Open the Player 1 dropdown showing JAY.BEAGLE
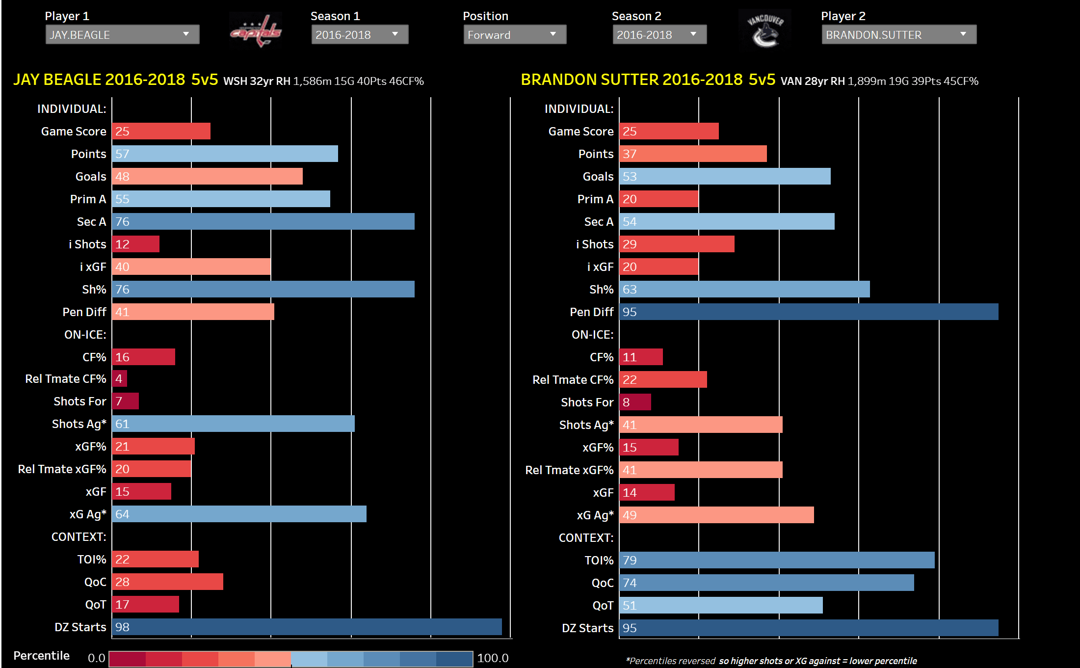[x=122, y=35]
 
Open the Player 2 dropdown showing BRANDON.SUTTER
[x=898, y=35]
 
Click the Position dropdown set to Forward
[x=514, y=35]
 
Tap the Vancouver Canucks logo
[x=765, y=29]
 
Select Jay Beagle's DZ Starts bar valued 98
[x=307, y=627]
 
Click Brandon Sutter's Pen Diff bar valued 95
[x=808, y=312]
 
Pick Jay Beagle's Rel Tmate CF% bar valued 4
[x=120, y=378]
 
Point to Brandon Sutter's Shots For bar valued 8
[x=635, y=402]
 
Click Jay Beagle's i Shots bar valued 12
[x=136, y=244]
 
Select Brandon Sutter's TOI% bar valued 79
[x=777, y=560]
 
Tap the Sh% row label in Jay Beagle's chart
[x=94, y=290]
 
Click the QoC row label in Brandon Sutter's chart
[x=603, y=583]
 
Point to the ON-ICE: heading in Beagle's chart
[x=85, y=335]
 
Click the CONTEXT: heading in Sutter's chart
[x=586, y=538]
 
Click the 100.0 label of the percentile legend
[x=493, y=658]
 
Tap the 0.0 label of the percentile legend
[x=96, y=658]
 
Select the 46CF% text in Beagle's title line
[x=406, y=81]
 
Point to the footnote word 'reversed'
[x=697, y=661]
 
